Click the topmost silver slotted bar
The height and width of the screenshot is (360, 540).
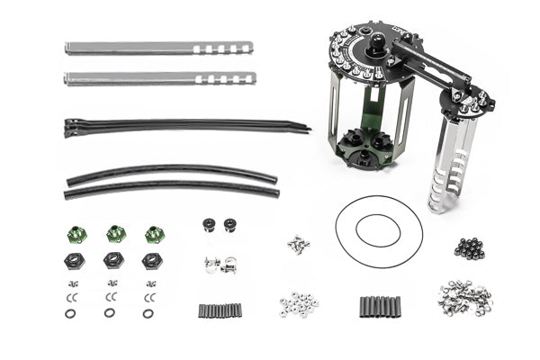click(x=157, y=48)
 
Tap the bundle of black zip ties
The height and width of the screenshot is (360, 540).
click(x=180, y=125)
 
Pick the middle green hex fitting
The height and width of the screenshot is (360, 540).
click(x=115, y=234)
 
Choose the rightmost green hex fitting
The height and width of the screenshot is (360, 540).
click(x=154, y=234)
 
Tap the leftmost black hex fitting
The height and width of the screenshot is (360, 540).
click(x=75, y=260)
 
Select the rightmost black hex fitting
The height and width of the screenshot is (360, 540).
click(x=151, y=260)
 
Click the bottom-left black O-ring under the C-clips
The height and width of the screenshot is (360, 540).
click(x=70, y=314)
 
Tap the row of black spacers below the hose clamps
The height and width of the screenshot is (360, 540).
click(x=220, y=310)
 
